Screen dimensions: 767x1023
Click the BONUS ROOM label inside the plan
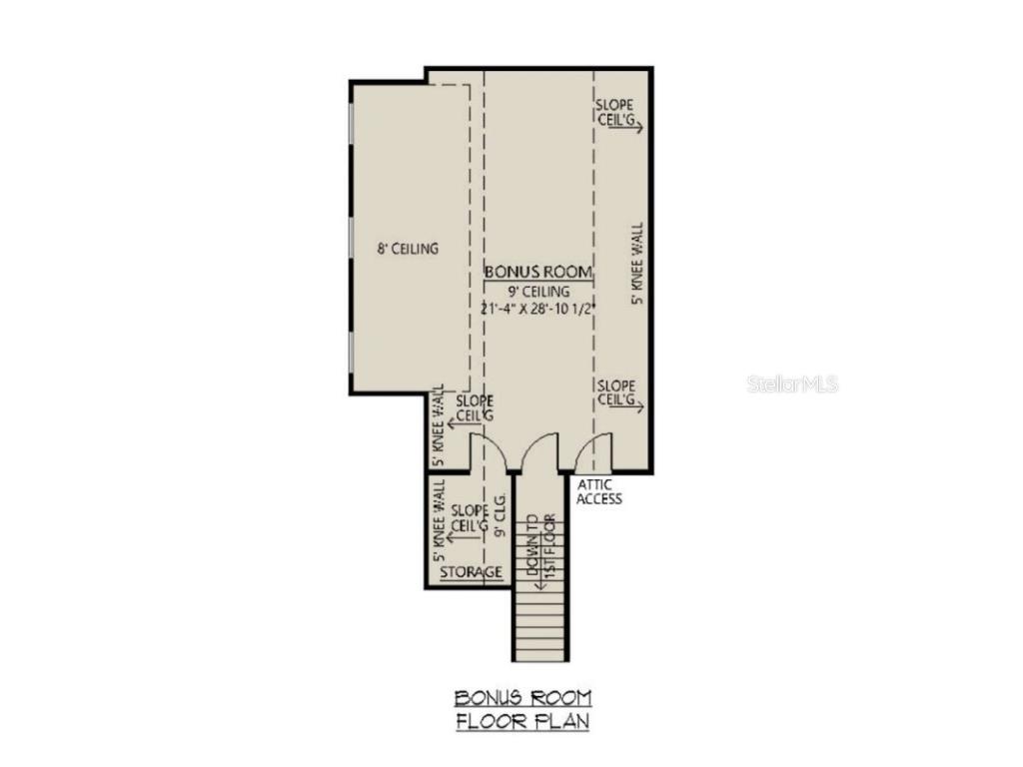pos(538,272)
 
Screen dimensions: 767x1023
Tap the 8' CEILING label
pos(408,249)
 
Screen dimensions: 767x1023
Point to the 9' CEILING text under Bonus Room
pos(538,291)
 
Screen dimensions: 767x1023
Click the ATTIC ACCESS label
pos(598,491)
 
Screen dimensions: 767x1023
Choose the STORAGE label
pos(472,572)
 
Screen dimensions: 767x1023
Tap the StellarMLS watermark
pos(792,383)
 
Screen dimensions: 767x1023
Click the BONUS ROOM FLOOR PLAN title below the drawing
pos(522,709)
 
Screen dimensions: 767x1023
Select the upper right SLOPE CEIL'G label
pos(615,111)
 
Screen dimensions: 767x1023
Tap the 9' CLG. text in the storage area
pos(499,515)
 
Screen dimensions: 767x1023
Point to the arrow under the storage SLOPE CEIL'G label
pos(463,538)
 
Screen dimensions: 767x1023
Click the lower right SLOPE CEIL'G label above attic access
pos(616,392)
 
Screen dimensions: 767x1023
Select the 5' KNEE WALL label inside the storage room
pos(438,519)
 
